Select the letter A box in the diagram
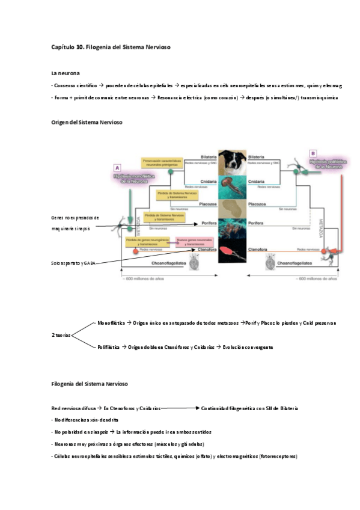pos(117,168)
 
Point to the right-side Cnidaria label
pos(256,181)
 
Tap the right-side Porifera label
pos(256,223)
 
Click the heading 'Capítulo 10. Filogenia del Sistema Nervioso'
pos(112,47)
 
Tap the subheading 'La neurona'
pos(66,73)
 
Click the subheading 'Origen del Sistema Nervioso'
pos(87,122)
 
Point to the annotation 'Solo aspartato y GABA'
pos(74,263)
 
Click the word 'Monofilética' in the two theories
pos(111,323)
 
